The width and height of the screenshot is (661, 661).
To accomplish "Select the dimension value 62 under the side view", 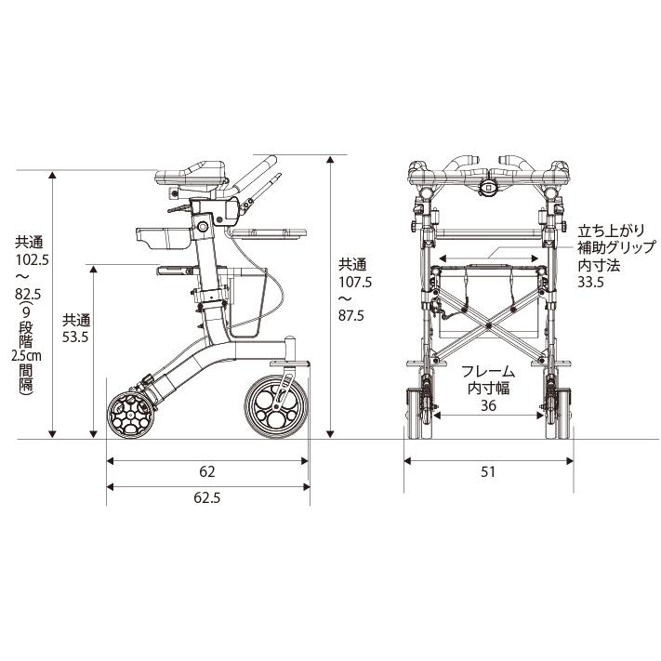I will coord(207,471).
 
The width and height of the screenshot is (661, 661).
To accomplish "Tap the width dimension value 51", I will coord(488,471).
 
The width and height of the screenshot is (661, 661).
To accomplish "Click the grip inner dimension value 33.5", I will coord(591,282).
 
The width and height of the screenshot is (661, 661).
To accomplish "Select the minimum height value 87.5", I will coord(351,316).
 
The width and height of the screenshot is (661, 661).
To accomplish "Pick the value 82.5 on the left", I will coord(28,293).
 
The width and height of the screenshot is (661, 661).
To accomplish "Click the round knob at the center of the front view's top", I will coord(488,187).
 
